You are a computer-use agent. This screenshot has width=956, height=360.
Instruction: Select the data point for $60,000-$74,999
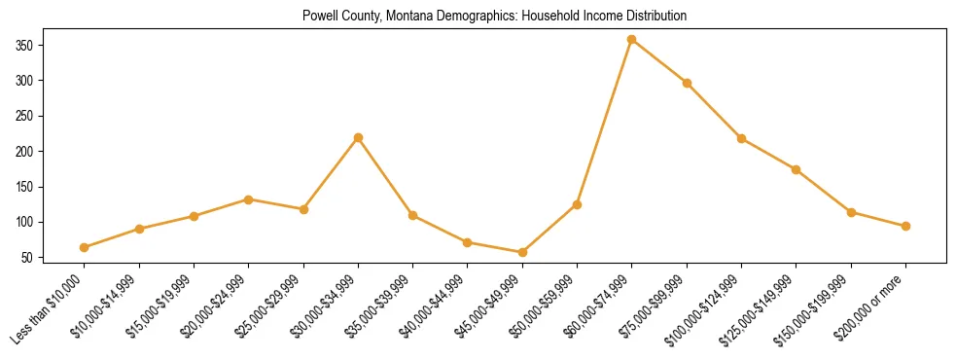(632, 40)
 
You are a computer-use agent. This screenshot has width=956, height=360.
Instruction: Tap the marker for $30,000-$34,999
(359, 138)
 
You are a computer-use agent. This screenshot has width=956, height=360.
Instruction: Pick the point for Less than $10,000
(85, 247)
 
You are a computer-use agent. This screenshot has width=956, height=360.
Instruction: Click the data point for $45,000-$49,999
(522, 252)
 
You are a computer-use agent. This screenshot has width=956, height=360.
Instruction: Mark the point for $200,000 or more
(905, 226)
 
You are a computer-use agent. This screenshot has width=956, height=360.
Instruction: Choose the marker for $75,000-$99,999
(687, 83)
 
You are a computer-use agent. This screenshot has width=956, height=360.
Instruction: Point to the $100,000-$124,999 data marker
(742, 138)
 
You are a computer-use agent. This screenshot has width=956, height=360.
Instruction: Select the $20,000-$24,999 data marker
(249, 199)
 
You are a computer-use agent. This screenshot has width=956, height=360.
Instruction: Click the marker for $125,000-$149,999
(797, 169)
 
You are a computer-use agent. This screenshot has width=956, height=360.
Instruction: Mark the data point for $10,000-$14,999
(140, 229)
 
